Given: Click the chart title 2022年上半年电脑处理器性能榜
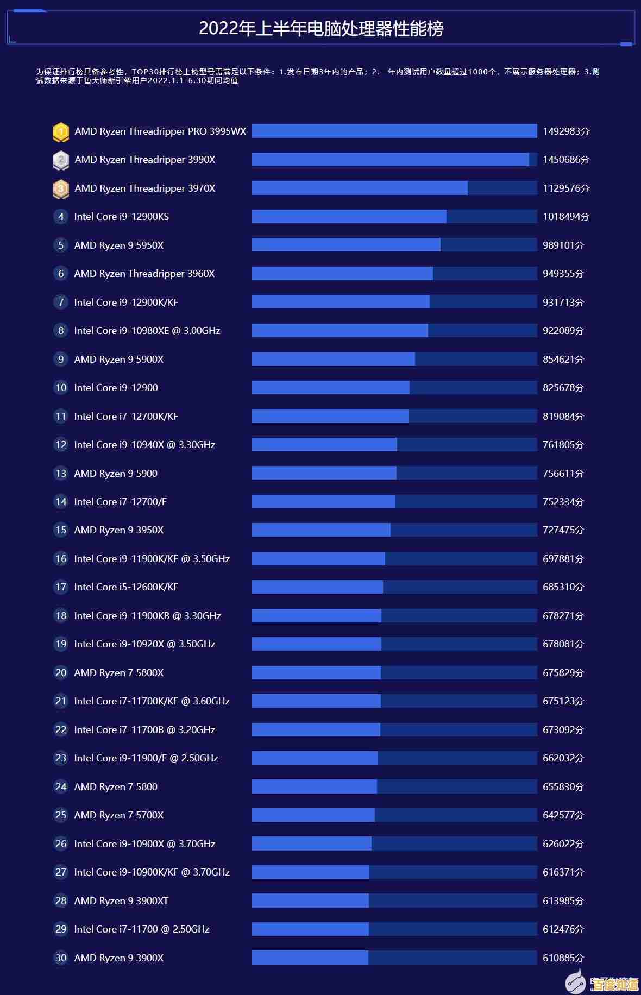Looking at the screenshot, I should tap(321, 28).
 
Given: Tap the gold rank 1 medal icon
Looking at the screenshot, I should tap(61, 131).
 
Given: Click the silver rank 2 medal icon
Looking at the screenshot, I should tap(61, 160).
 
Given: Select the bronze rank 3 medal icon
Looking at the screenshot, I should tap(61, 188).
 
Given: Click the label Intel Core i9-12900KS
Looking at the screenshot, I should tap(121, 217).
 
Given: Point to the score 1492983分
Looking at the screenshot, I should tap(565, 131).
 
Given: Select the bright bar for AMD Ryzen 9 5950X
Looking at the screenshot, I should tap(346, 245).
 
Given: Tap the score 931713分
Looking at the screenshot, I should tap(563, 302).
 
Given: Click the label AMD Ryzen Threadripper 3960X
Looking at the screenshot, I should tap(144, 274).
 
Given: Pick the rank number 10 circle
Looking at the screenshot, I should tap(61, 388).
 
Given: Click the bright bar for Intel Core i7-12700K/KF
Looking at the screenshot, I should tap(330, 416).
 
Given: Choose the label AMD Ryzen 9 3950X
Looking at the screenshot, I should tap(118, 530).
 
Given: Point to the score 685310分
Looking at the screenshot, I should tap(563, 587).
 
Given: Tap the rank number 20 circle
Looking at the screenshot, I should tap(61, 673).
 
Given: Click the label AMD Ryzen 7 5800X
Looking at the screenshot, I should tap(118, 673).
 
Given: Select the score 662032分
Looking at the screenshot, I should tap(563, 758).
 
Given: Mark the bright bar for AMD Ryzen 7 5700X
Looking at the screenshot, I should tap(313, 815).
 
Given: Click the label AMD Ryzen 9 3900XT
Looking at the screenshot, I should tap(121, 901).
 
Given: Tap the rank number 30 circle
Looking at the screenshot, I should tap(61, 958).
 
